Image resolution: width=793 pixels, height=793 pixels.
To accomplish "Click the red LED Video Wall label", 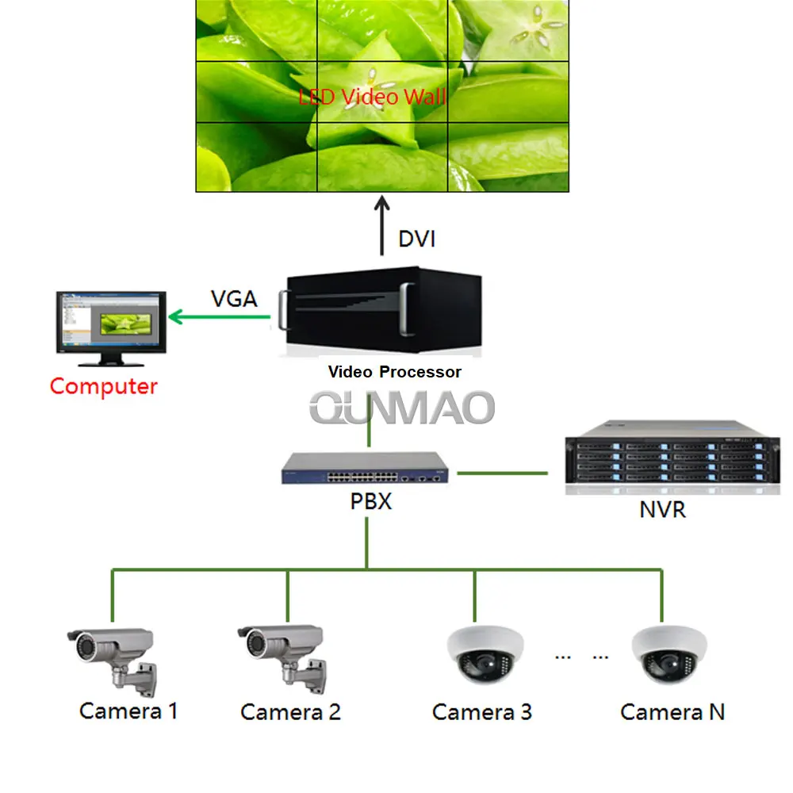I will pyautogui.click(x=372, y=98).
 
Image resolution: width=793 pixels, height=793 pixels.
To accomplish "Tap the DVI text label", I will pyautogui.click(x=416, y=238).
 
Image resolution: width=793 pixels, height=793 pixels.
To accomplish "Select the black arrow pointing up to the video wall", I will pyautogui.click(x=382, y=226).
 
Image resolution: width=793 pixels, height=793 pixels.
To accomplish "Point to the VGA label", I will pyautogui.click(x=234, y=299).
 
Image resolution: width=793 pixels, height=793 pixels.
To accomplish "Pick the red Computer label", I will pyautogui.click(x=103, y=386).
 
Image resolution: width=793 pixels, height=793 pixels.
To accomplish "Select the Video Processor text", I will pyautogui.click(x=394, y=371).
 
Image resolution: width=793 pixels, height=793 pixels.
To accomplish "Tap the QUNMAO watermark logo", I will pyautogui.click(x=402, y=408).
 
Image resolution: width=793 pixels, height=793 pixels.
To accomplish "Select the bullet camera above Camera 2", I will pyautogui.click(x=284, y=654).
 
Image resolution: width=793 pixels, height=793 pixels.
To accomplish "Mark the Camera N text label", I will pyautogui.click(x=672, y=711).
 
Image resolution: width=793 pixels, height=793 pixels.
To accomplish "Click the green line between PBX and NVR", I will pyautogui.click(x=502, y=473).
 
